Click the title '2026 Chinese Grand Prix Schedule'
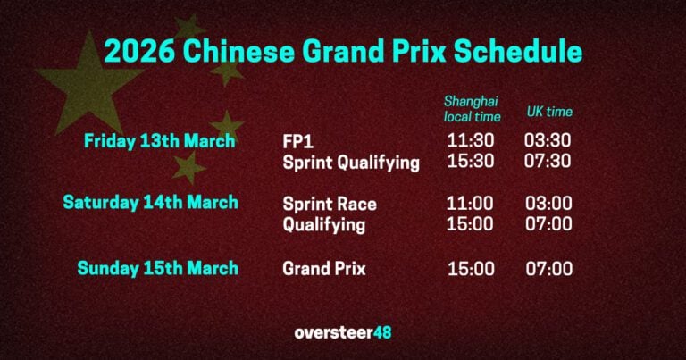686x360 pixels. click(343, 51)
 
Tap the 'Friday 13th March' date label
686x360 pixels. click(160, 141)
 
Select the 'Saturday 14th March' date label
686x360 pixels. click(151, 203)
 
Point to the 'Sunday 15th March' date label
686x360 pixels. click(158, 268)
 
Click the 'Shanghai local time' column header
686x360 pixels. click(473, 109)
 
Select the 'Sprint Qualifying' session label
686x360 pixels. click(351, 163)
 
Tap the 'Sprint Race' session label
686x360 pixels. click(330, 204)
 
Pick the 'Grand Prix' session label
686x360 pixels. click(324, 268)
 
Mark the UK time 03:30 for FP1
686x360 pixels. click(548, 141)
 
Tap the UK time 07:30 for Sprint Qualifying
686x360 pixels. click(548, 163)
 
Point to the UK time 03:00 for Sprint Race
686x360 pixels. click(548, 204)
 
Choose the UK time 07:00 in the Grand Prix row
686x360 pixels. click(548, 268)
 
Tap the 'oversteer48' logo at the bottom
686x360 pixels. click(343, 332)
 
